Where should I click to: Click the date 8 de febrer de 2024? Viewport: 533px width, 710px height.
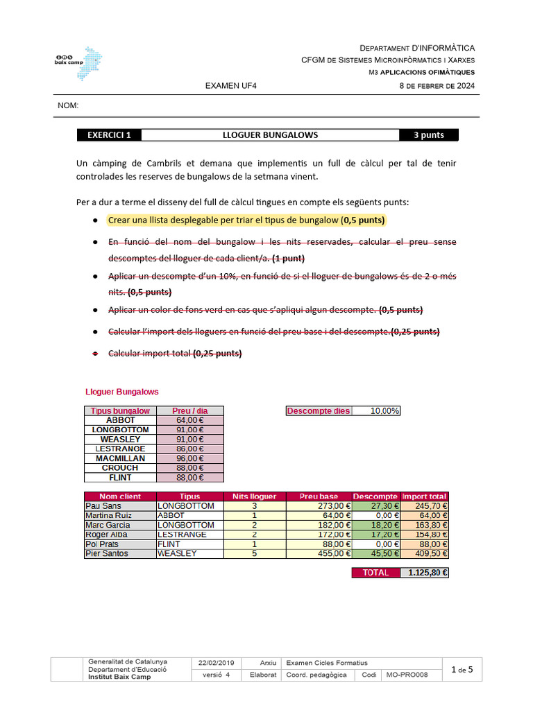[x=437, y=86]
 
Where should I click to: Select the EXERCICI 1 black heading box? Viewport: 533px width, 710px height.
[x=109, y=135]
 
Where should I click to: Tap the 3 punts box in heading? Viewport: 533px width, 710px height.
[x=428, y=135]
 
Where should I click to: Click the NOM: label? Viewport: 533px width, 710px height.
[x=68, y=106]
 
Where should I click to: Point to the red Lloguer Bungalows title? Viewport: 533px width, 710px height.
[x=121, y=392]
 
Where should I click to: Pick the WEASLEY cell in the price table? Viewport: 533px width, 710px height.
[x=120, y=439]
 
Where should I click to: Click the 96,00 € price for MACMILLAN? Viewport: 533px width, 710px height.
[x=190, y=458]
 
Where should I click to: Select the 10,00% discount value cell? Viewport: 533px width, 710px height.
[x=376, y=411]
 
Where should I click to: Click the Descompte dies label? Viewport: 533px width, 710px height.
[x=319, y=411]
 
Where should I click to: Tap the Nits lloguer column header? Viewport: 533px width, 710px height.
[x=254, y=496]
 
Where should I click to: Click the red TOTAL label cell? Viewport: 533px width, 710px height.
[x=375, y=573]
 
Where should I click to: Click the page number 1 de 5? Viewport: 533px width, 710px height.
[x=462, y=670]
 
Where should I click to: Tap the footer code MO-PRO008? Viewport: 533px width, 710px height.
[x=407, y=675]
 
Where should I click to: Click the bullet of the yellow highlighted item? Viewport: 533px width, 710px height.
[x=94, y=220]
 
